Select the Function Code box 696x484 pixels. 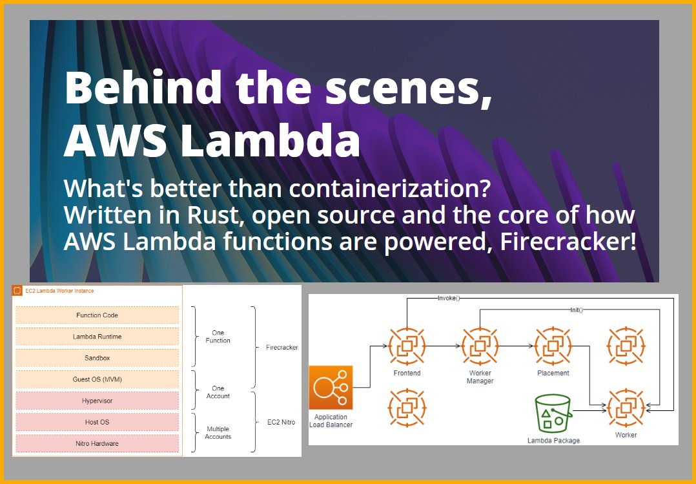click(x=97, y=315)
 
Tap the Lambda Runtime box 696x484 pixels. click(x=97, y=337)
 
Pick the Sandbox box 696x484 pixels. click(x=97, y=358)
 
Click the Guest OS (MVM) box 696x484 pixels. click(x=97, y=379)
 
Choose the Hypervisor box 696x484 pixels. click(x=97, y=401)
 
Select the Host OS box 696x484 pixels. click(x=97, y=422)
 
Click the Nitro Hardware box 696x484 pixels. click(x=97, y=443)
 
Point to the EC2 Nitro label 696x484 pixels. click(x=281, y=422)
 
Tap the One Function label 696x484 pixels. click(x=218, y=337)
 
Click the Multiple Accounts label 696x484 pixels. click(x=218, y=433)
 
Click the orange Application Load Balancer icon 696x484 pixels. click(x=331, y=387)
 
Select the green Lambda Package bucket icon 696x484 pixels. click(x=553, y=414)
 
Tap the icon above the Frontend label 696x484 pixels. click(x=407, y=346)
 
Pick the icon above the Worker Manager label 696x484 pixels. click(x=480, y=346)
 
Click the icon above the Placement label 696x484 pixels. click(x=553, y=346)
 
